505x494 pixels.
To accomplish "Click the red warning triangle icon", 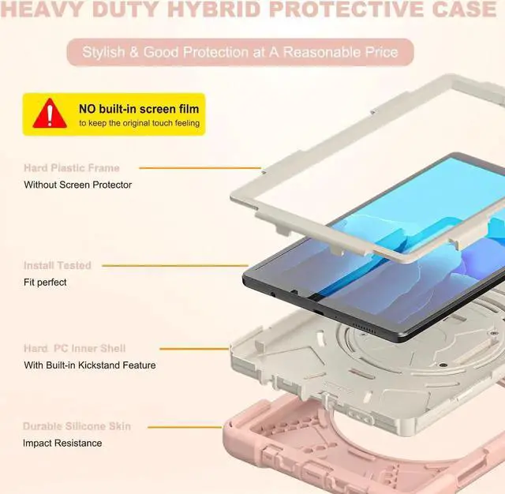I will (49, 114).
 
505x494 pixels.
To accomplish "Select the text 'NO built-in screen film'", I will (138, 108).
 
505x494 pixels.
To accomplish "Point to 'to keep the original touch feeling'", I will (139, 124).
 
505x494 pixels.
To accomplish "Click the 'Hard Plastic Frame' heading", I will (71, 168).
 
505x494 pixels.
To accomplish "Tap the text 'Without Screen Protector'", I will (77, 185).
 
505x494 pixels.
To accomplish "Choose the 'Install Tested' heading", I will (57, 266).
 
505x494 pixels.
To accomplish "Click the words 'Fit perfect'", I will (45, 282).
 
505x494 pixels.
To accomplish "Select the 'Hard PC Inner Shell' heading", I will (74, 348).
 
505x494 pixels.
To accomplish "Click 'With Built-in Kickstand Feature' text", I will (89, 365).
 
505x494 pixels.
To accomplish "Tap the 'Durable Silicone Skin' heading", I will (77, 426).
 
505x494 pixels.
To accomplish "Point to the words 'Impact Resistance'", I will (62, 443).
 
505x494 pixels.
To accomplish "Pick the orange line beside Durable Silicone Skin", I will (198, 427).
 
